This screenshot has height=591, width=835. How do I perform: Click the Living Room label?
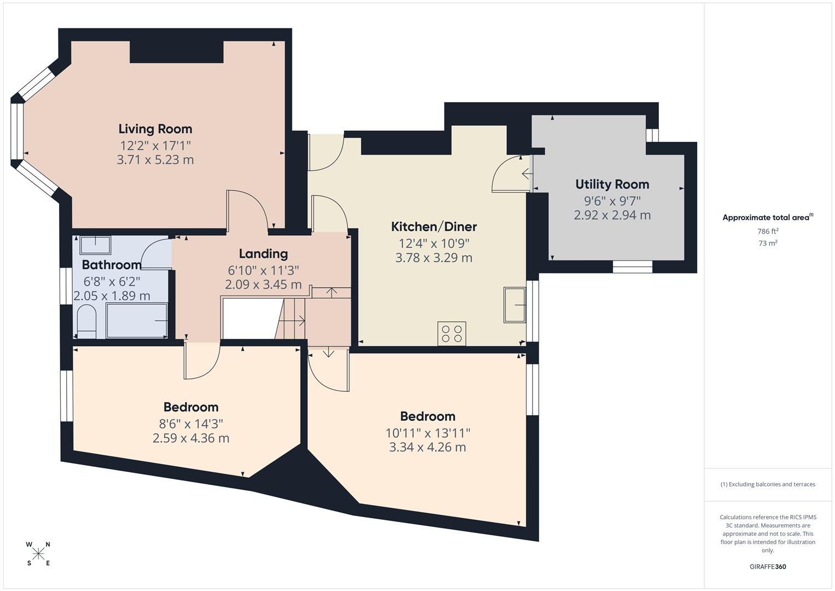(155, 129)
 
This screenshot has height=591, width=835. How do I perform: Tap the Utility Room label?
(612, 184)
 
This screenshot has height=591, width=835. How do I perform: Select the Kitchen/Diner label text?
(434, 227)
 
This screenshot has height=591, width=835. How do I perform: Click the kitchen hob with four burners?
(452, 333)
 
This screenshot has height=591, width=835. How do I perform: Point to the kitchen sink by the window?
(515, 305)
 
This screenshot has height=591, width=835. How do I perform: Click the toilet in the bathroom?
(86, 322)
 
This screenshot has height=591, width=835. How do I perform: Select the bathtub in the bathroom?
(137, 321)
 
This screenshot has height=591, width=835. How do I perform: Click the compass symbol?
(38, 554)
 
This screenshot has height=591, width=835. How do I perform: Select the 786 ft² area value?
(768, 231)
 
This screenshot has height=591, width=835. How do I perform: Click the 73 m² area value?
(768, 244)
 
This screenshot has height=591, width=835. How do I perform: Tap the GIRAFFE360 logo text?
(768, 567)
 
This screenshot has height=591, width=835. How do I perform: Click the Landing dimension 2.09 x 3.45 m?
(263, 285)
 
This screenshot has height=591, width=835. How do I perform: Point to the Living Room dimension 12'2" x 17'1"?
(155, 146)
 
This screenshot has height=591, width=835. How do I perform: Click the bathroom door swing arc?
(154, 254)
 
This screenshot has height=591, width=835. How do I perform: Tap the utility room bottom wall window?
(632, 266)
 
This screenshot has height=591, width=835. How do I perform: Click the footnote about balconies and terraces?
(768, 484)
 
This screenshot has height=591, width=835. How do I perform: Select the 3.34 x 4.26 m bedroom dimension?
(427, 448)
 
